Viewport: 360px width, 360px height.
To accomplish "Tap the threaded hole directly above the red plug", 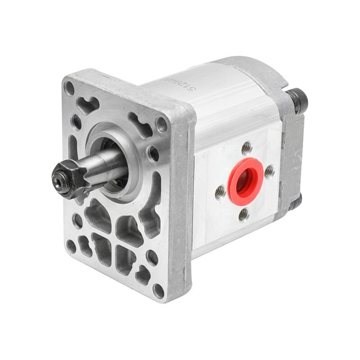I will point(246,146).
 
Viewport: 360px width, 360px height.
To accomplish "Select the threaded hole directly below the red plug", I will point(243,215).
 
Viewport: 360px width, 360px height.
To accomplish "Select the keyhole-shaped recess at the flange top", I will point(89,104).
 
